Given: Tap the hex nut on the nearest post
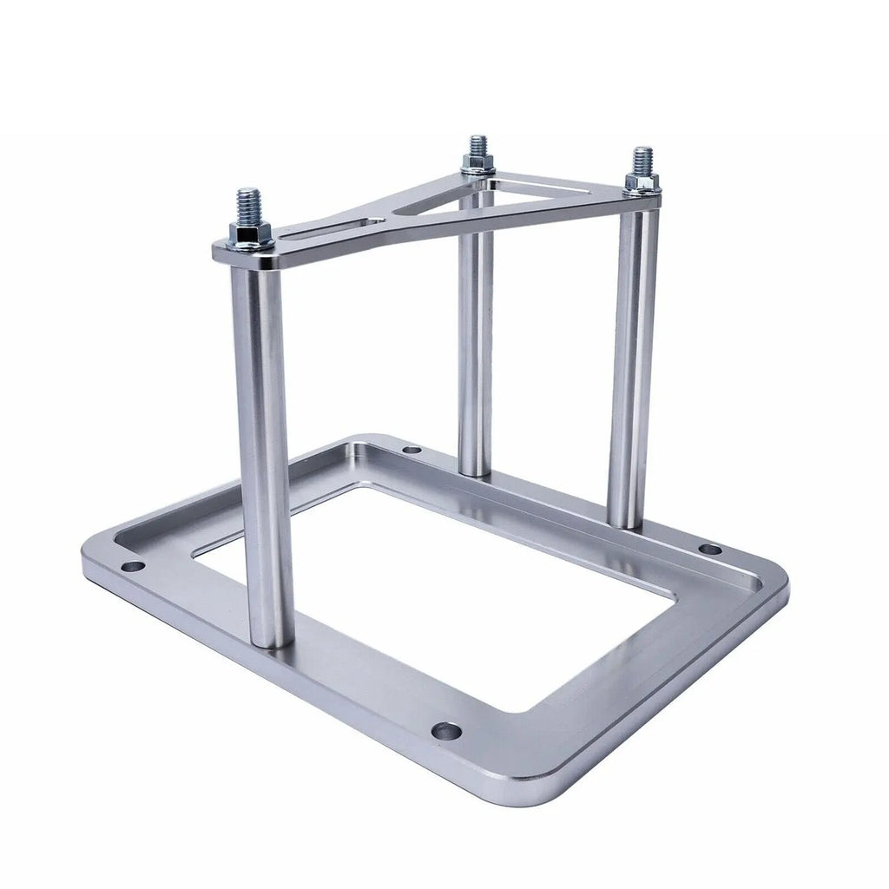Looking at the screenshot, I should (250, 232).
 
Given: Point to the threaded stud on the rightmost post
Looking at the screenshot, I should (642, 160).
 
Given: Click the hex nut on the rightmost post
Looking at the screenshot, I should (642, 182).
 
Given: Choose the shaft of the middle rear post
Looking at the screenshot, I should (476, 347).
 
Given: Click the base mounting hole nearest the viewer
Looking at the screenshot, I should (446, 731).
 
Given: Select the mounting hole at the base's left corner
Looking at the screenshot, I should (133, 566).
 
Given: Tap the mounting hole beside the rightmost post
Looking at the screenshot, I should (710, 549).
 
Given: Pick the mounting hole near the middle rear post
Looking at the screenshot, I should (412, 450).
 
